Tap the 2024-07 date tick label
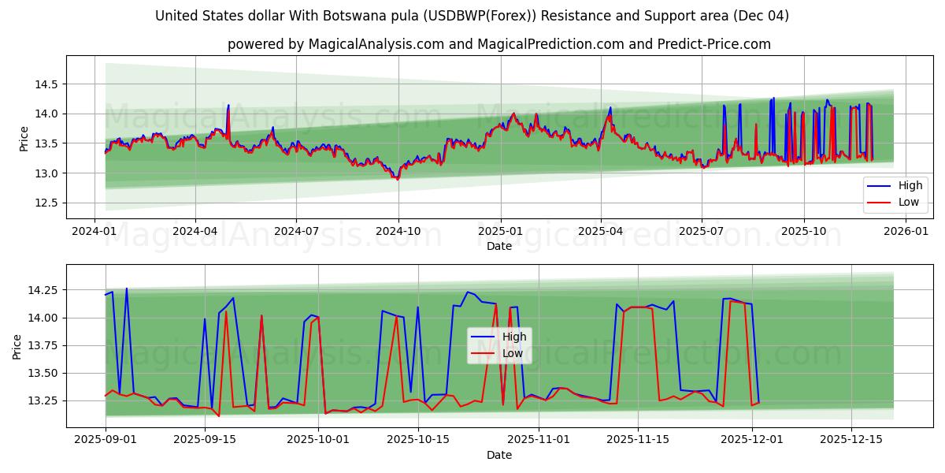pyautogui.click(x=296, y=232)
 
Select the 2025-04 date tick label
pyautogui.click(x=601, y=232)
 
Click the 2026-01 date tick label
pyautogui.click(x=906, y=232)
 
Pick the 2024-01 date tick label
pyautogui.click(x=94, y=232)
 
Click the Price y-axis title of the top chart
pyautogui.click(x=24, y=137)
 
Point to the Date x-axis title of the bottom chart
pyautogui.click(x=499, y=455)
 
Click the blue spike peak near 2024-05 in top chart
pyautogui.click(x=228, y=105)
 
